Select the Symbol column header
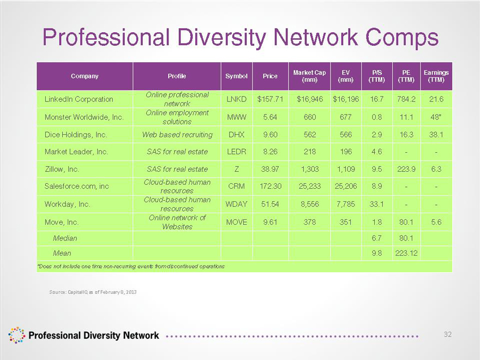[236, 76]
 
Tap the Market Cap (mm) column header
[309, 76]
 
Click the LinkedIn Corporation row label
[79, 99]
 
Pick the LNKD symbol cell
[236, 99]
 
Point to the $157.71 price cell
[270, 99]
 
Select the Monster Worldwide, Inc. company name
[84, 116]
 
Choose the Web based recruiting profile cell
[178, 134]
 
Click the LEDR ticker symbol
[236, 151]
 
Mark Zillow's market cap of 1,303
[309, 169]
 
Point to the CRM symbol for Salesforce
[236, 187]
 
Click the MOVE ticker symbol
[236, 222]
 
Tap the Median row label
[65, 238]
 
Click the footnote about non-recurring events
[131, 266]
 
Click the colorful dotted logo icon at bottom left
[16, 335]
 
